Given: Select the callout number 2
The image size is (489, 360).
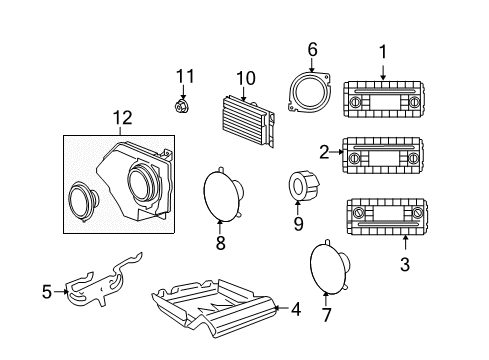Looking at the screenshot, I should [x=324, y=152].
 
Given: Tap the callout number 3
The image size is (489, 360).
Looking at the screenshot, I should [x=405, y=264].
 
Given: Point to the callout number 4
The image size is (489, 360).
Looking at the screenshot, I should [x=294, y=310].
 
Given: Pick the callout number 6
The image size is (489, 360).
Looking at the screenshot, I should [x=312, y=48].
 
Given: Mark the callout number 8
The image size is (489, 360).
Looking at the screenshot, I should [x=220, y=242].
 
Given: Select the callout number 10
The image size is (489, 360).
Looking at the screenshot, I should [x=246, y=77].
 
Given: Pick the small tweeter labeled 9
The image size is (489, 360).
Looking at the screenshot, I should [x=300, y=185].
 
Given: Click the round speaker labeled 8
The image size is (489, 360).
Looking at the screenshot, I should [x=225, y=192].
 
